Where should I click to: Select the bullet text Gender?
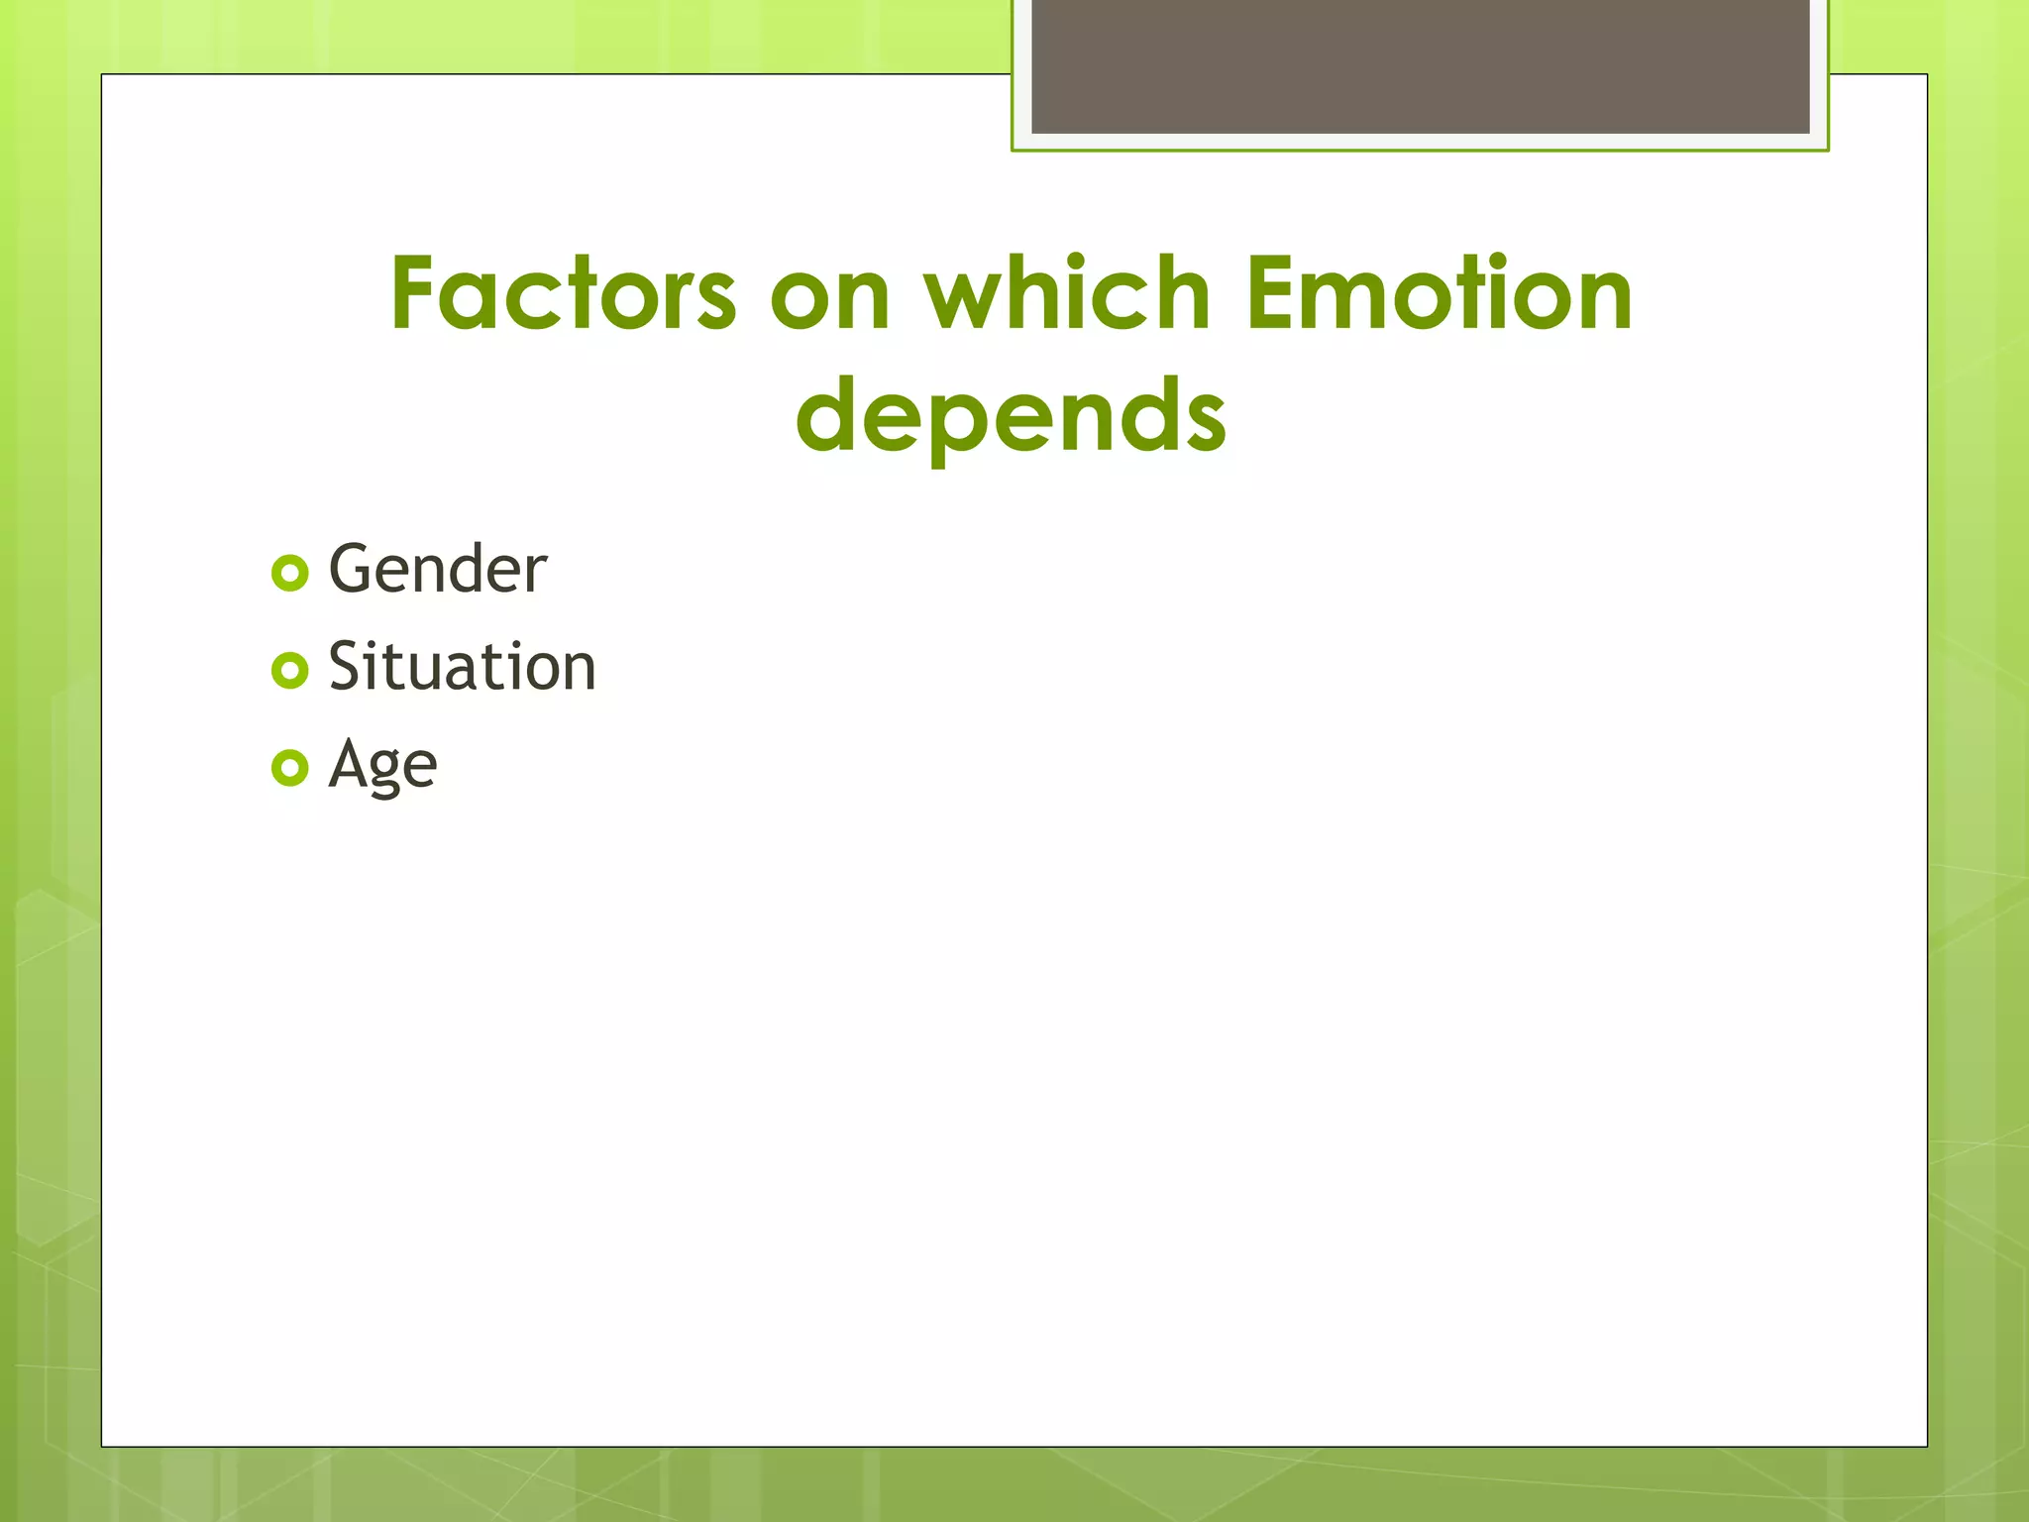pyautogui.click(x=437, y=570)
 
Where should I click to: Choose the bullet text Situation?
pyautogui.click(x=462, y=667)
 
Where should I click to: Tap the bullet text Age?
pyautogui.click(x=382, y=766)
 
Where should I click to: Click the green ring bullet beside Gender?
pyautogui.click(x=289, y=574)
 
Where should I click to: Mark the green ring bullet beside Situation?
pyautogui.click(x=289, y=671)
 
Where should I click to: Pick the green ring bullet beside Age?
pyautogui.click(x=289, y=768)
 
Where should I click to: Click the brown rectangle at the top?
pyautogui.click(x=1420, y=65)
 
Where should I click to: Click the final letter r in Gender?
pyautogui.click(x=536, y=575)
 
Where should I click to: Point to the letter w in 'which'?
pyautogui.click(x=965, y=297)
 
